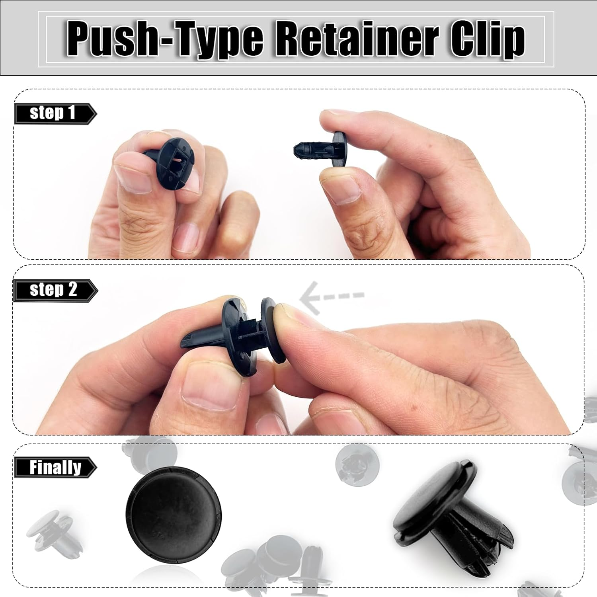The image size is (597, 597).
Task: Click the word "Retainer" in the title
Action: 358,39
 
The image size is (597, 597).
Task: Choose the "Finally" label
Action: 55,467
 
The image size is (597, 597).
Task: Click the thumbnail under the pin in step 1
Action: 341,187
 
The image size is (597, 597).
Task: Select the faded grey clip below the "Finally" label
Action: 52,531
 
